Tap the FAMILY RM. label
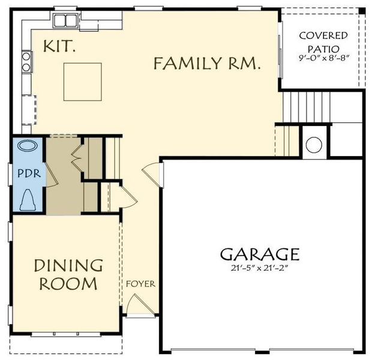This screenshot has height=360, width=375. pos(207,63)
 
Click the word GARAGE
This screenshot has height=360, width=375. pos(259,253)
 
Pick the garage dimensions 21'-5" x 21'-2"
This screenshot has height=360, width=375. pos(259,267)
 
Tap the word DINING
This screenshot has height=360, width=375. pos(68,265)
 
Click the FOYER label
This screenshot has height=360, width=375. pos(140,283)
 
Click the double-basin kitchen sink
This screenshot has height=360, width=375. pos(64,21)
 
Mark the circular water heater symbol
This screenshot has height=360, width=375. pos(314,144)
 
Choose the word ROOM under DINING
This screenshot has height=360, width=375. pos(68,283)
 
